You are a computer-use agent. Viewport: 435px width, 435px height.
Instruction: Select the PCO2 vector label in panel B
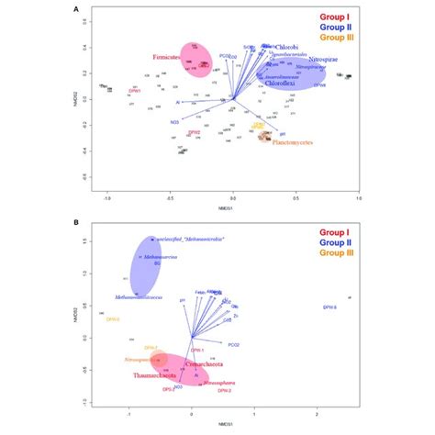point(233,344)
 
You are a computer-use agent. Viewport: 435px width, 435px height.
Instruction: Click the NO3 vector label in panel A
point(173,121)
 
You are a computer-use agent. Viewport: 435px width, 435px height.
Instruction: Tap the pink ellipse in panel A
point(200,62)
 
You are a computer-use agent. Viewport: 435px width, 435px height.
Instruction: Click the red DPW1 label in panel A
point(135,92)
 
